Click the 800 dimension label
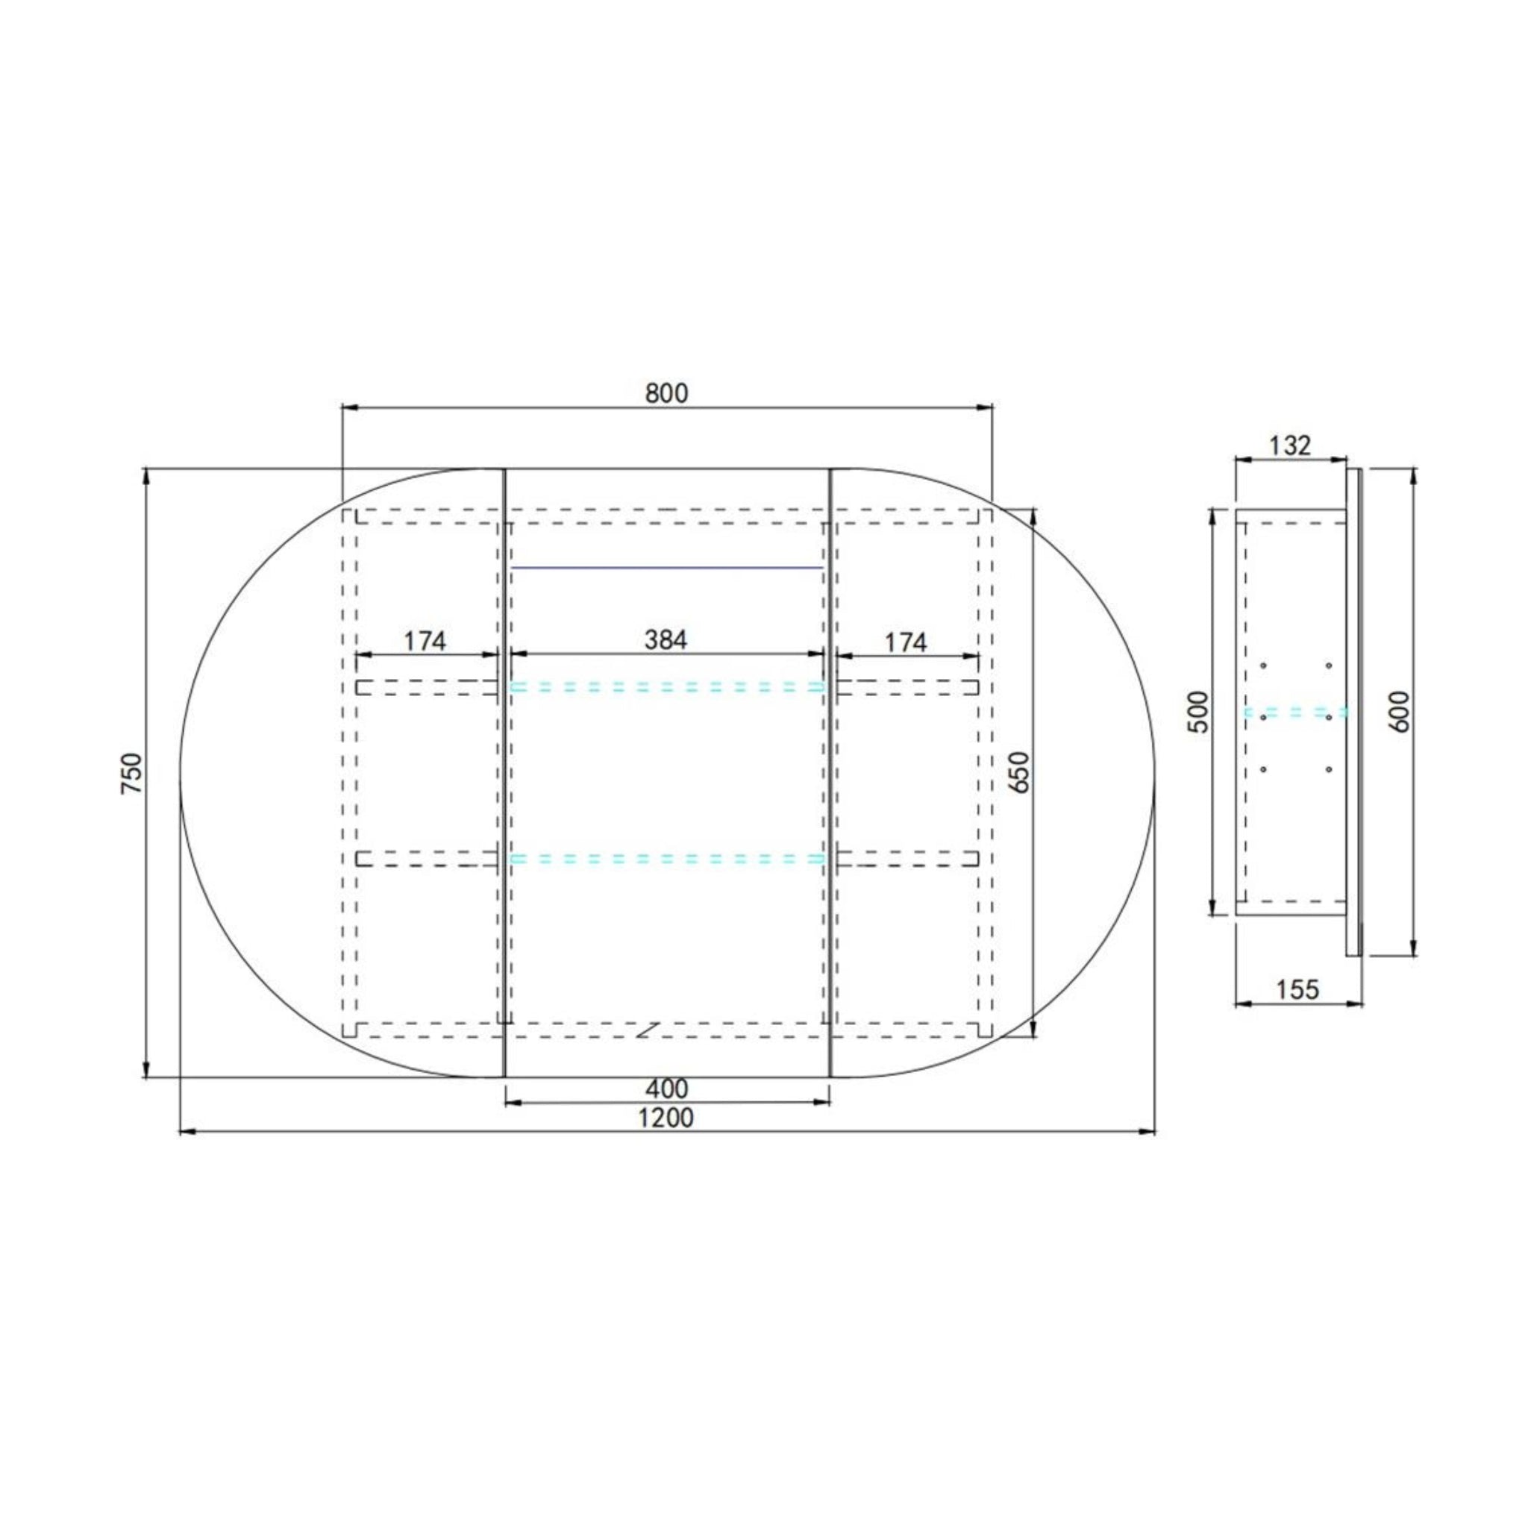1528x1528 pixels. pyautogui.click(x=667, y=393)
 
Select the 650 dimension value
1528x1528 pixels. pyautogui.click(x=1019, y=771)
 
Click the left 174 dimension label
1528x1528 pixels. pyautogui.click(x=425, y=641)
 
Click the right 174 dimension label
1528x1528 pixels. pyautogui.click(x=905, y=642)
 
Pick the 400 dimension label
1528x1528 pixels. pyautogui.click(x=667, y=1089)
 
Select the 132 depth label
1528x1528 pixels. pyautogui.click(x=1290, y=445)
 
